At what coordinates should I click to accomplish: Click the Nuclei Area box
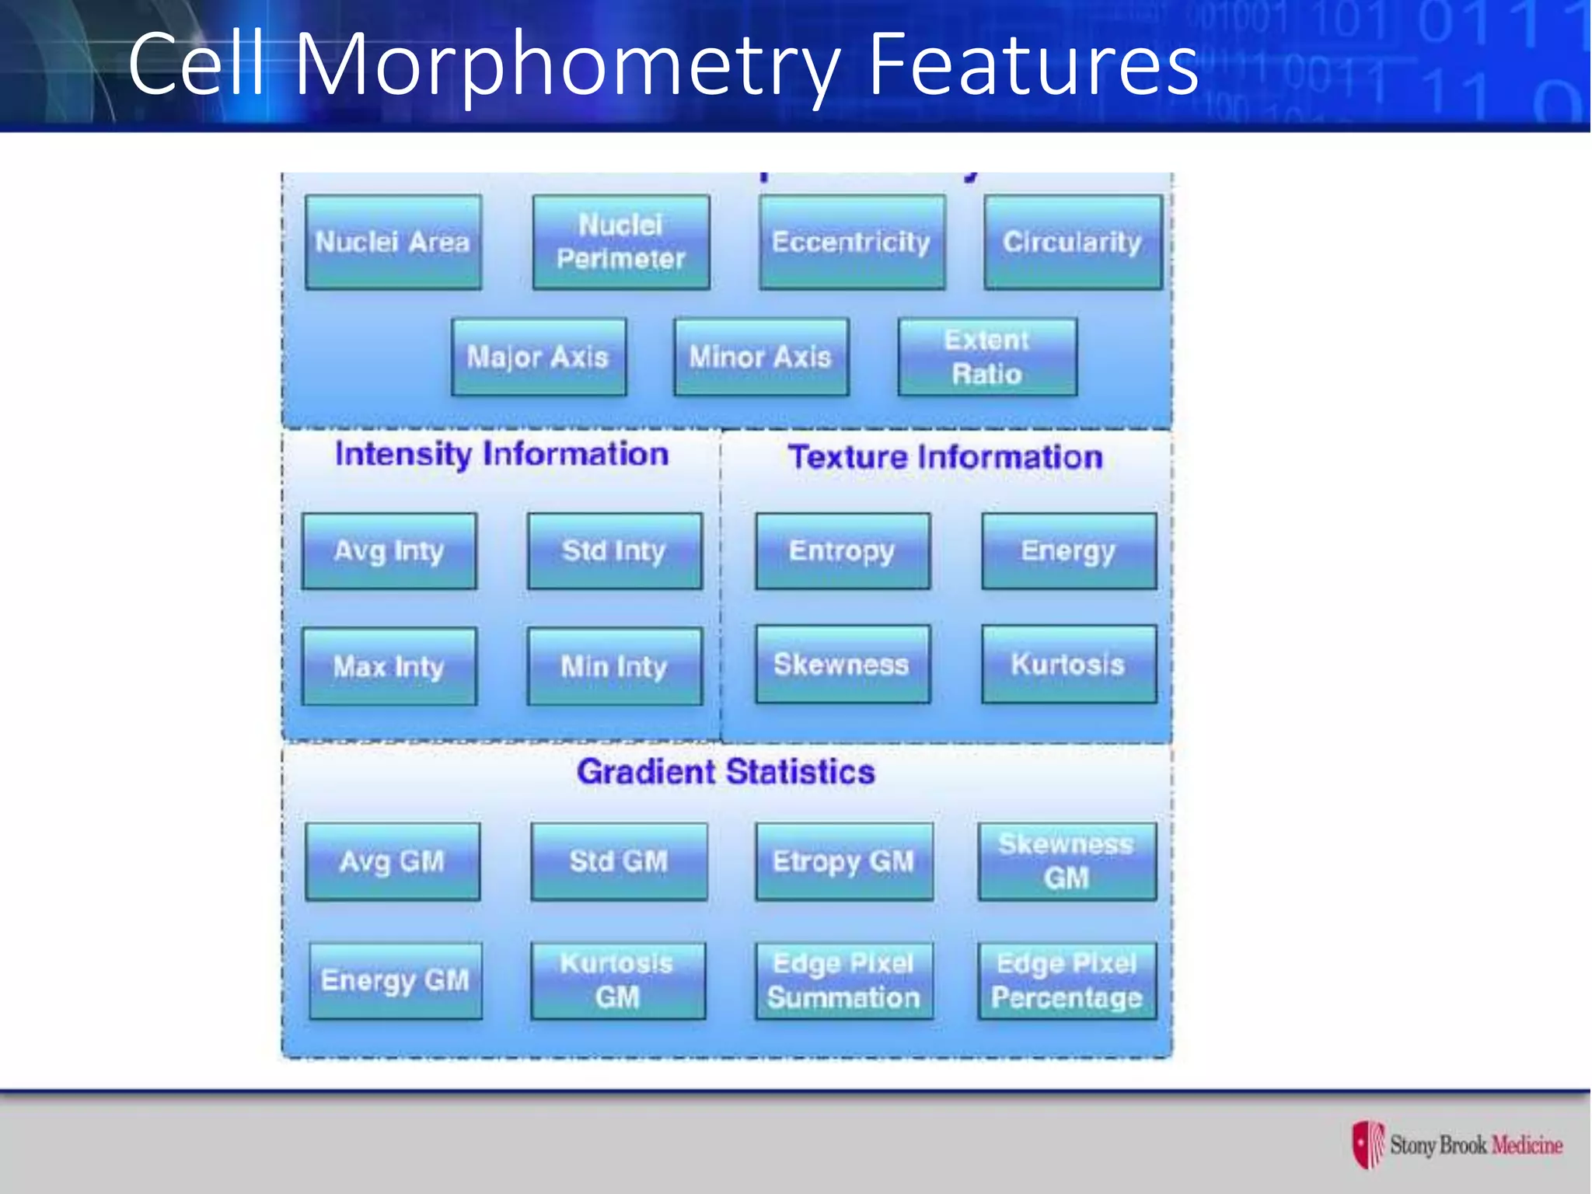[393, 243]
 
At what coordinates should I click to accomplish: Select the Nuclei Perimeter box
[620, 243]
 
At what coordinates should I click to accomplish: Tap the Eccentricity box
[851, 243]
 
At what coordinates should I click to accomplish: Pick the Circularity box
[1072, 243]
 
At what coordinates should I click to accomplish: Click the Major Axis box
[538, 358]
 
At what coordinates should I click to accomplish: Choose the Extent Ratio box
[986, 358]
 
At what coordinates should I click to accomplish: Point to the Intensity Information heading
[501, 454]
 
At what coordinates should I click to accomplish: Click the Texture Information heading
[944, 457]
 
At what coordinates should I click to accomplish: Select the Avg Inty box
[389, 551]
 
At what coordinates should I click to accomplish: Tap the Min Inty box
[614, 667]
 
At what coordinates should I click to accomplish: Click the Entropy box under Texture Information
[842, 551]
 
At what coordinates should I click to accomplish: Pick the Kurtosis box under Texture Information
[1068, 665]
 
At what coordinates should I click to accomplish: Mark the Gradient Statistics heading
[725, 772]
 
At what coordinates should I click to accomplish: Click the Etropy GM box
[843, 861]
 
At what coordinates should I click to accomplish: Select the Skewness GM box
[1067, 861]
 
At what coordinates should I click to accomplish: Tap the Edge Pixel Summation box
[843, 981]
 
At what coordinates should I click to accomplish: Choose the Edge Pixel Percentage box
[1067, 981]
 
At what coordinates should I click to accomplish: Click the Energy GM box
[395, 981]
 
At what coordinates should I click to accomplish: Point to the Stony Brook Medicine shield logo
[1368, 1144]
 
